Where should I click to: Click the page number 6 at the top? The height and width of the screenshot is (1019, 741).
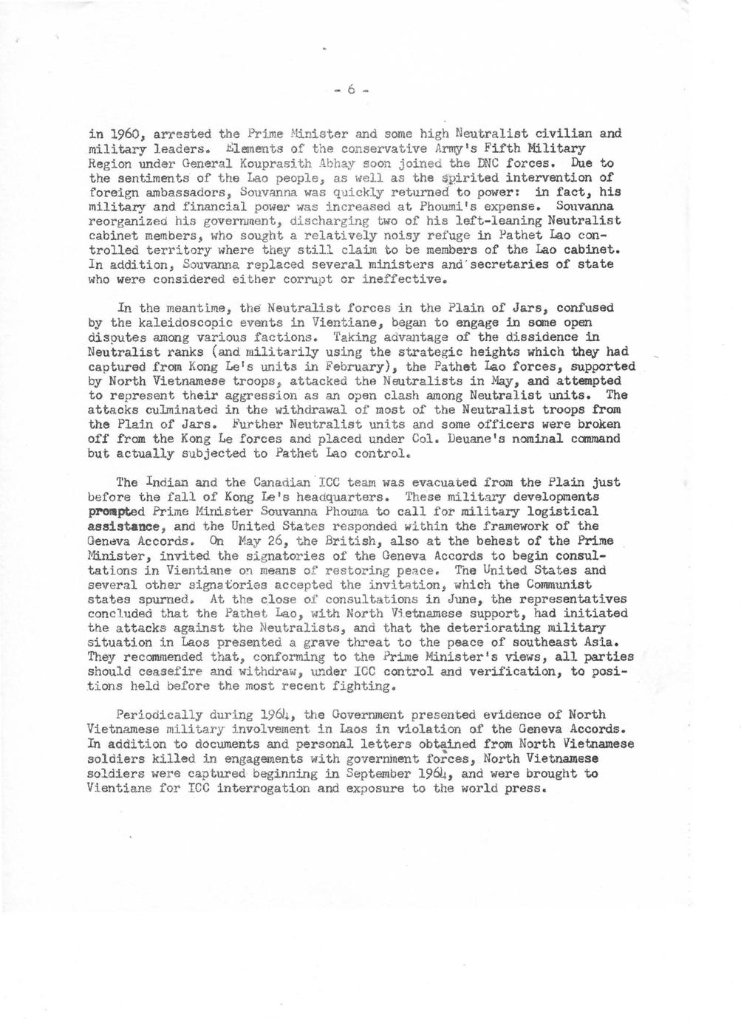tap(351, 90)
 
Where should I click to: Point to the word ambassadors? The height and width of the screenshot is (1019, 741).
tap(175, 192)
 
